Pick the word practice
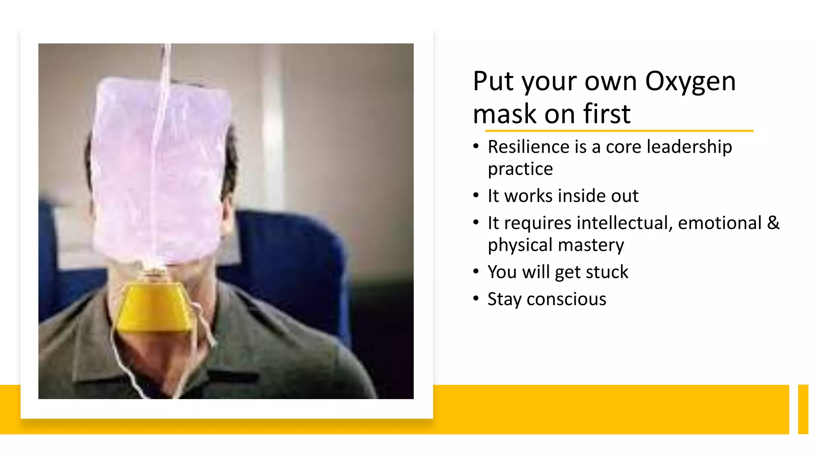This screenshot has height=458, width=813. tap(520, 169)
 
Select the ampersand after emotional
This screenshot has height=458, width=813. tap(773, 223)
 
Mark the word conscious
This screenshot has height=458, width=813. tap(566, 299)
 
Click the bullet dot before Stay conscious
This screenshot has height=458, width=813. tap(476, 299)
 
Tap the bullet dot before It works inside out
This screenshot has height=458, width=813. tap(476, 196)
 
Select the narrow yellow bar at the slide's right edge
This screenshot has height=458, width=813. tap(803, 409)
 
